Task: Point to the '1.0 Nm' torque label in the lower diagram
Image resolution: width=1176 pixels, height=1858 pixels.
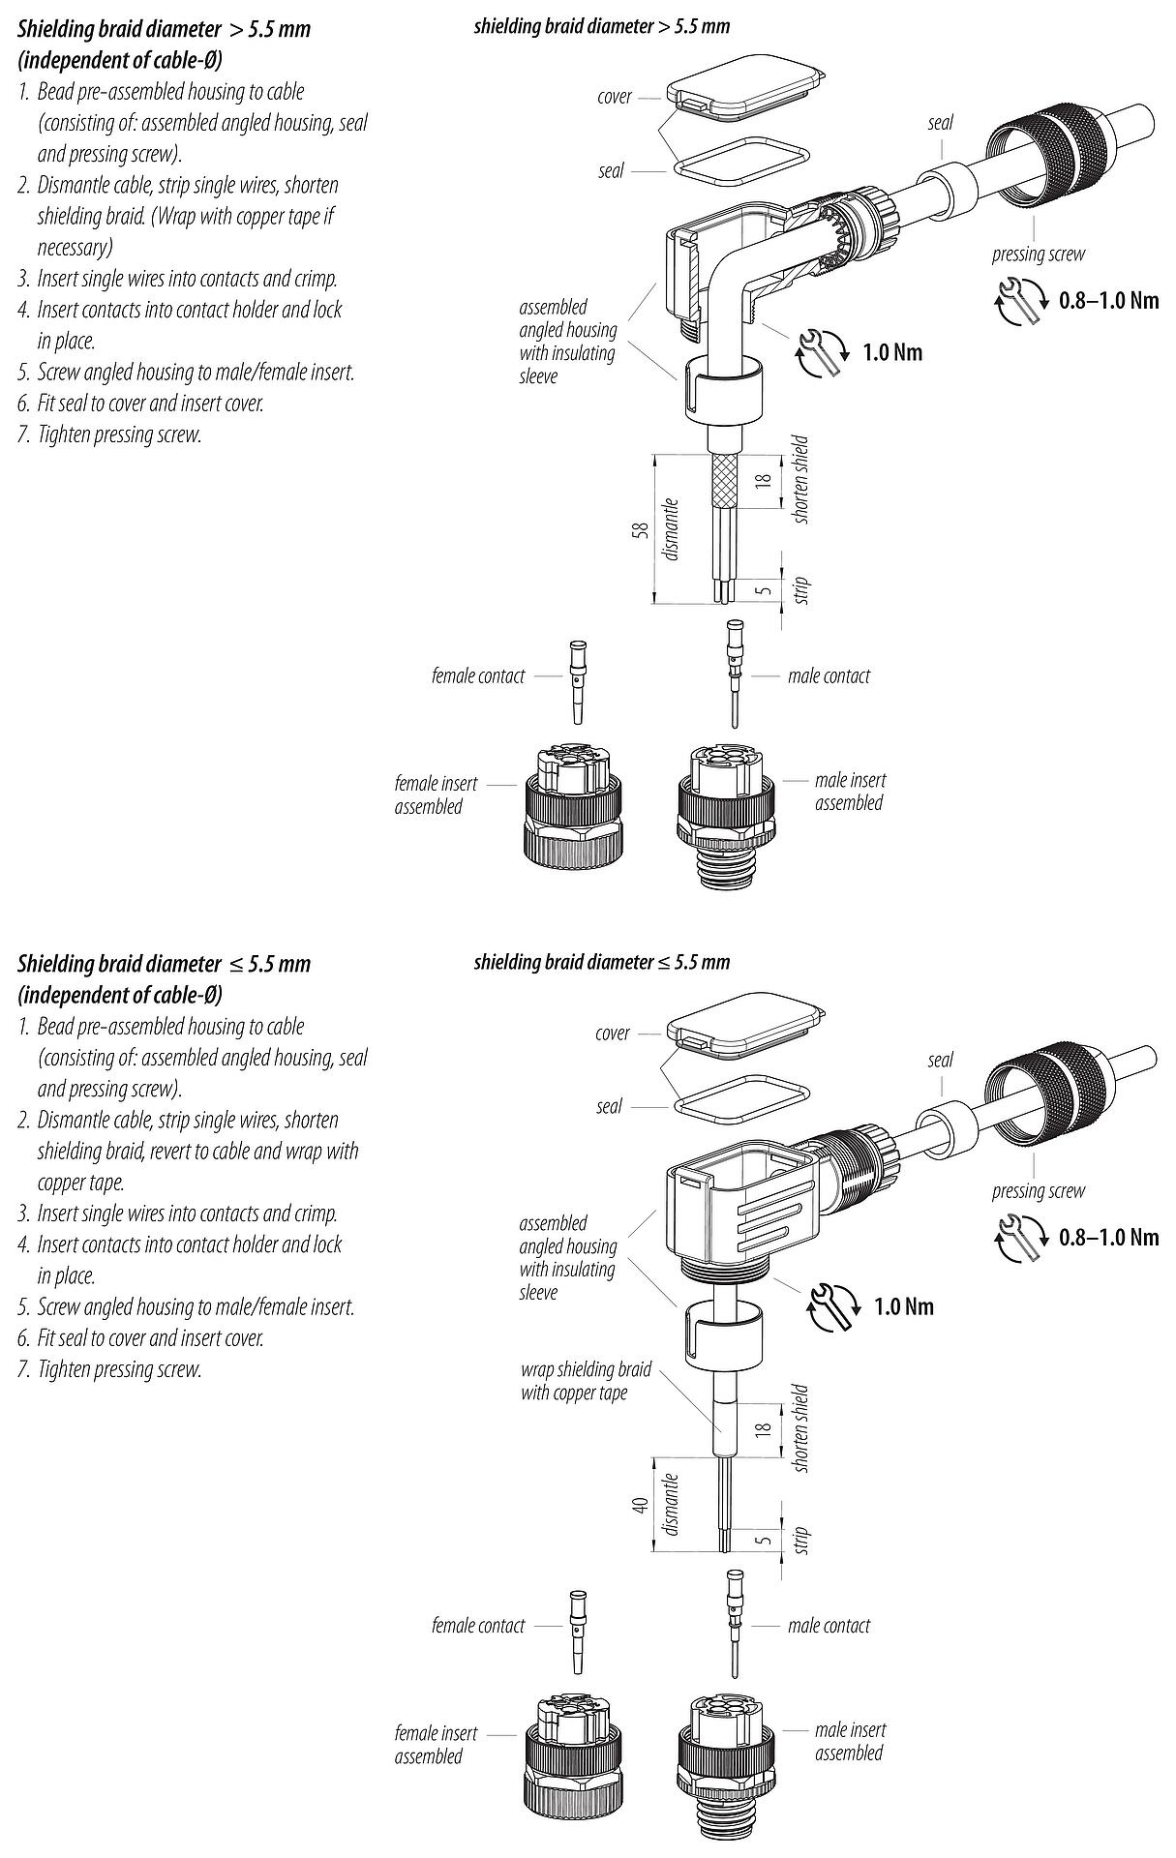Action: pos(904,1307)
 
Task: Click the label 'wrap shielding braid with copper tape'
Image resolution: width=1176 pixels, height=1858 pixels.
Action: pos(586,1381)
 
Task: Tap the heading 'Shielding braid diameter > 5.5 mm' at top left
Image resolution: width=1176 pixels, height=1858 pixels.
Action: pos(165,29)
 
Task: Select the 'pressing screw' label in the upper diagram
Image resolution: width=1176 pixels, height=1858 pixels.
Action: pos(1038,255)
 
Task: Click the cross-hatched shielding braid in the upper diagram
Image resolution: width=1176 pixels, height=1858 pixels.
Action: pos(725,483)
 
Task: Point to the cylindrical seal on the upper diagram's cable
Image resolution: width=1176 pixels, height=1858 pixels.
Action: pos(949,187)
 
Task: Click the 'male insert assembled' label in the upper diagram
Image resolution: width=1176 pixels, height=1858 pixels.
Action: pos(849,792)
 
